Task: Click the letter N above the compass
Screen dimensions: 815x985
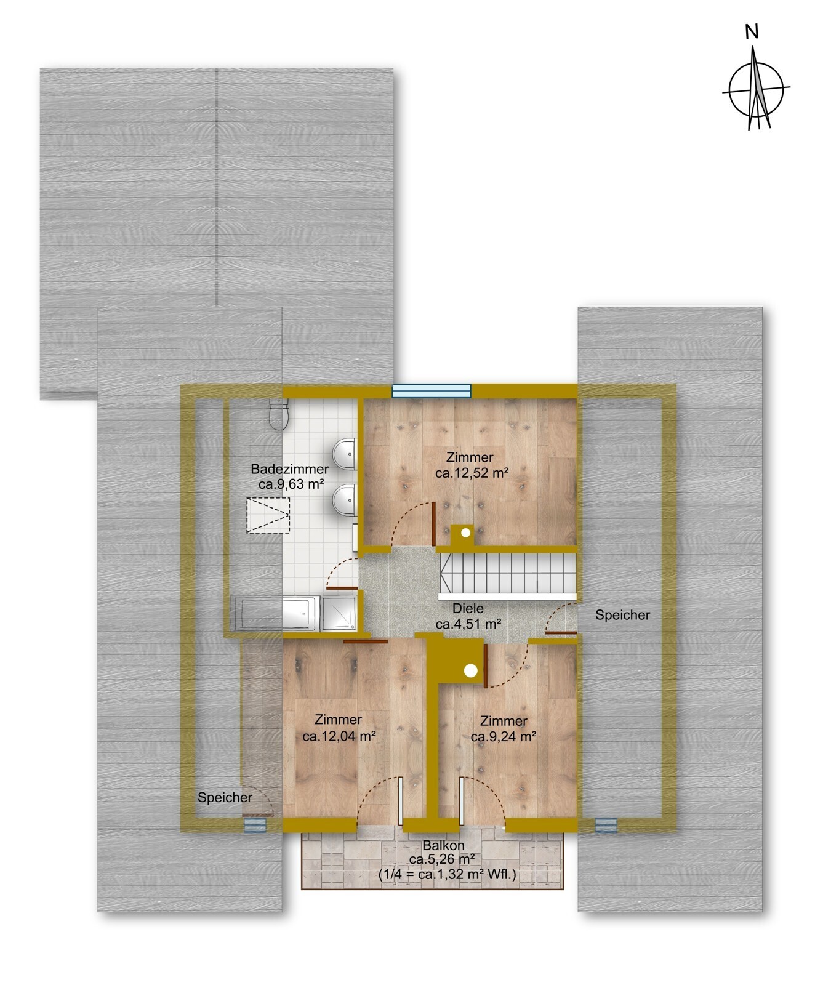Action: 752,32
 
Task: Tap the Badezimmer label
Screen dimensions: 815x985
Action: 289,469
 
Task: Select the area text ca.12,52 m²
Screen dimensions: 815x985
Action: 472,473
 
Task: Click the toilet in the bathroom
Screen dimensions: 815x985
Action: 279,413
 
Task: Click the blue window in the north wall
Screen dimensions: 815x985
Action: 432,390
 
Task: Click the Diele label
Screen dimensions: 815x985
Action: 468,608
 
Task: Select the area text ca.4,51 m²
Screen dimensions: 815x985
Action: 468,624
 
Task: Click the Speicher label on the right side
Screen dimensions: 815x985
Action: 622,615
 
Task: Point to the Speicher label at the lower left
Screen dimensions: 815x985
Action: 225,798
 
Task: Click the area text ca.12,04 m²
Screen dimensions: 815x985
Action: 339,736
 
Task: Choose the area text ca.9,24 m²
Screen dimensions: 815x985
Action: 504,737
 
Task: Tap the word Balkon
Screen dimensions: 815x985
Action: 443,846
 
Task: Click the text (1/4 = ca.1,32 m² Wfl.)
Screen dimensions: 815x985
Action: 447,875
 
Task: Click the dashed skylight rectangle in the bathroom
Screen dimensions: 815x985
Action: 268,515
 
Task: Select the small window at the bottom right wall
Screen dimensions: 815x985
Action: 606,825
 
